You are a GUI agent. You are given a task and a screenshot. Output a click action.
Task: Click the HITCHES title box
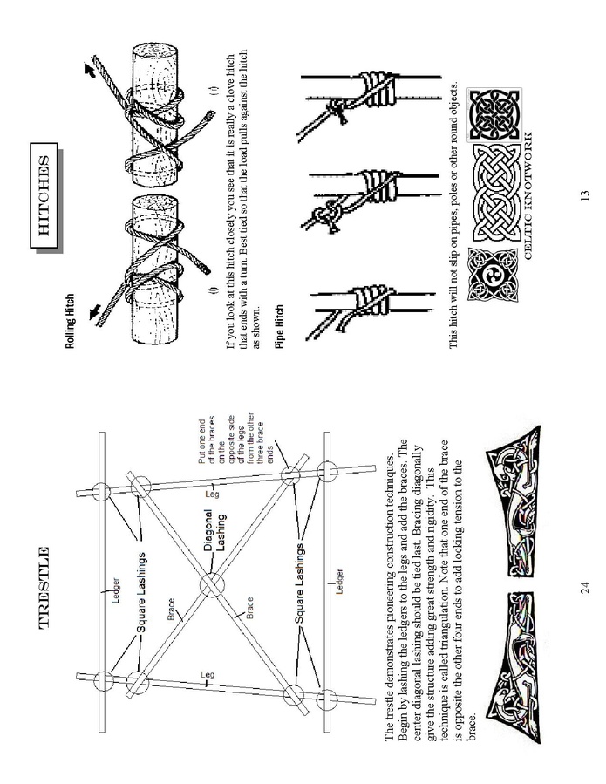[45, 196]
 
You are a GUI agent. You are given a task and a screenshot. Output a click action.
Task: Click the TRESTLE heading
[44, 588]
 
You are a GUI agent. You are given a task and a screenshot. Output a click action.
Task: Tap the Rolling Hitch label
[70, 321]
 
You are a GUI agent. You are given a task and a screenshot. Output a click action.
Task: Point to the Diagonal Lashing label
[215, 529]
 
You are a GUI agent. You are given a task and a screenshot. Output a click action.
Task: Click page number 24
[585, 588]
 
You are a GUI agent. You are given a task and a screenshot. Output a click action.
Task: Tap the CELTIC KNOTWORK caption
[528, 195]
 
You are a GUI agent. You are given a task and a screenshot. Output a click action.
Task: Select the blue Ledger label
[116, 590]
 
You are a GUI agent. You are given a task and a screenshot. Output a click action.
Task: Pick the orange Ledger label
[339, 581]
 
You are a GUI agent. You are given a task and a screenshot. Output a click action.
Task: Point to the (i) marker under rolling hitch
[215, 290]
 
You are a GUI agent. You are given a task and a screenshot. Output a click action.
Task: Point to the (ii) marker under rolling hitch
[215, 92]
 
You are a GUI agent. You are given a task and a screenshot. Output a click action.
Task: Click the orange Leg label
[212, 493]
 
